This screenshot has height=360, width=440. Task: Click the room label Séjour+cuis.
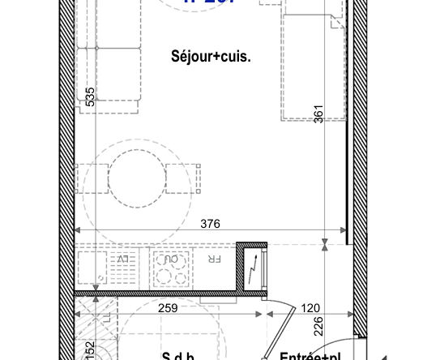click(x=211, y=57)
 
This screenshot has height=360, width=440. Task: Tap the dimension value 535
click(x=91, y=97)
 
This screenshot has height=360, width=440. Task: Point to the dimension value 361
click(x=318, y=114)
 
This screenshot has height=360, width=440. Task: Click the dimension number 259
click(x=167, y=308)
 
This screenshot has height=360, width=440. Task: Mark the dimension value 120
click(x=311, y=308)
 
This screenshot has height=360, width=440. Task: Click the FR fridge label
click(x=214, y=259)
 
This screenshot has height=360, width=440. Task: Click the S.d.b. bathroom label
click(x=178, y=355)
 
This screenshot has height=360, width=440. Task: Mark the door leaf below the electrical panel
click(x=277, y=333)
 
